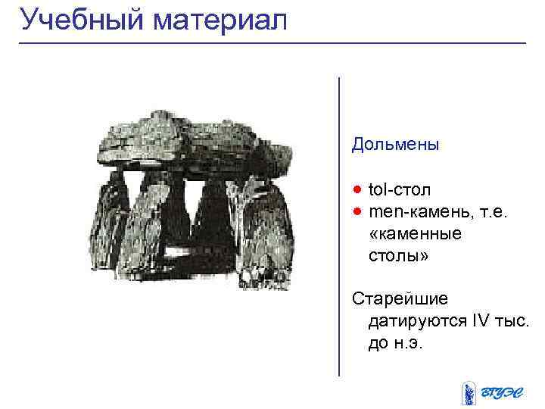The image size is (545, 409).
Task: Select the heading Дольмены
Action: coord(395,143)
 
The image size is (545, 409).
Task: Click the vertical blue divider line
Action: coord(338,227)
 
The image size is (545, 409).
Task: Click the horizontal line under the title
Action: coord(272,43)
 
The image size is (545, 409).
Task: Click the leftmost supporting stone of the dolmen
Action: coord(110,220)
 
